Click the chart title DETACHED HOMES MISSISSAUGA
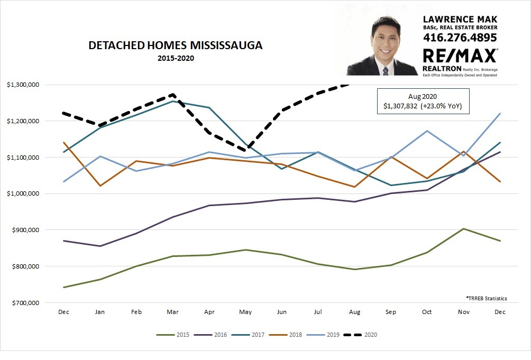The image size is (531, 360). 175,46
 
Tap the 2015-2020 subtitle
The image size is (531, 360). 176,58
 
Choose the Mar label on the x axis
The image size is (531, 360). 172,312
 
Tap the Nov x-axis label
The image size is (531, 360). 463,312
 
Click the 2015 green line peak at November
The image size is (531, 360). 463,229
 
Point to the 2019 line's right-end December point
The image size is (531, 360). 500,114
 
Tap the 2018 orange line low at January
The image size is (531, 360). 100,186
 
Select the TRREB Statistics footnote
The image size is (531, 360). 486,299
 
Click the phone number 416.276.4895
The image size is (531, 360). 460,38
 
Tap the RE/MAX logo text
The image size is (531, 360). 460,56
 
